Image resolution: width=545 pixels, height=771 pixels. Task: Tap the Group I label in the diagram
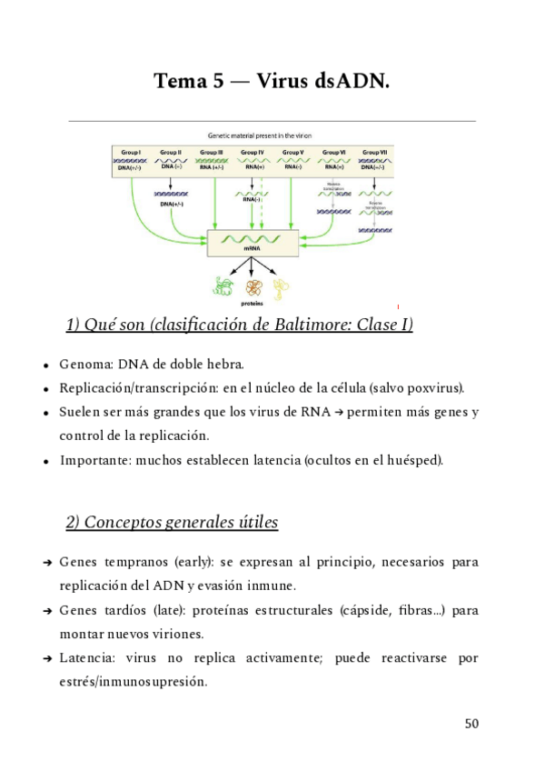[132, 152]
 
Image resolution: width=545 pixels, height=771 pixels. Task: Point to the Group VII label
[374, 152]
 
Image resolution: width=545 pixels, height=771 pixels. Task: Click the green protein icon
[223, 288]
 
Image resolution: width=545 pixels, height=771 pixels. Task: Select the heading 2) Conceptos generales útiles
[172, 523]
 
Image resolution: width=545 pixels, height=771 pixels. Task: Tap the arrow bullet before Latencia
[46, 658]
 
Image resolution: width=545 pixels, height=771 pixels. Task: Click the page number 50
[471, 724]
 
